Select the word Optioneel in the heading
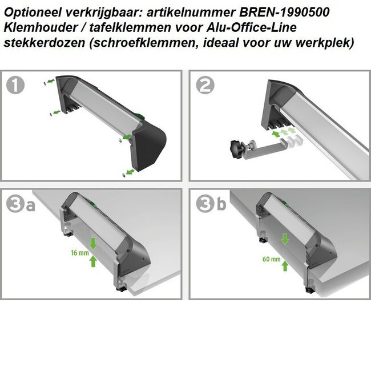coord(30,12)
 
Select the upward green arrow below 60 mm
coord(285,265)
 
